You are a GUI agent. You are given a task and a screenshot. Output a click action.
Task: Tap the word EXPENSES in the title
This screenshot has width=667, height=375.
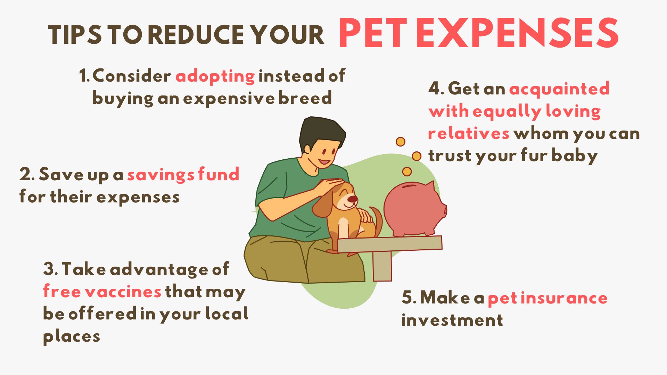click(x=517, y=33)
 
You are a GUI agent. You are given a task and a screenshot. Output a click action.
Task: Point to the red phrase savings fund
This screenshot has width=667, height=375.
click(x=183, y=174)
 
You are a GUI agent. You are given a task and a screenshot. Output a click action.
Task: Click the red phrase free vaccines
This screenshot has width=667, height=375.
click(x=102, y=291)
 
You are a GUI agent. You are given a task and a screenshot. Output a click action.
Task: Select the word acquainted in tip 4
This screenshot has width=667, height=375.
click(x=559, y=89)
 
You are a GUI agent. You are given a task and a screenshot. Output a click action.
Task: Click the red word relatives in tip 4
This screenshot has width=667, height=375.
click(x=469, y=133)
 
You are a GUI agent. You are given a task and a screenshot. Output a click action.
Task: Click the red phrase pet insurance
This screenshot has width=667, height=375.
click(x=547, y=298)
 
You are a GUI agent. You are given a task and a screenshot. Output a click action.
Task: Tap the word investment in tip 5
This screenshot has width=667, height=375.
click(x=452, y=320)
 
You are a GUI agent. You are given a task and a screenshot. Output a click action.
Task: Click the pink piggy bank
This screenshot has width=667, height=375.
click(x=415, y=209)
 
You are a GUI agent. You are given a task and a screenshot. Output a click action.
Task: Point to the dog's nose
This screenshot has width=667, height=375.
click(x=353, y=199)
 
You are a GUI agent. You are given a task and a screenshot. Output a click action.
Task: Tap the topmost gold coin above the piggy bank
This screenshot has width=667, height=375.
click(x=401, y=142)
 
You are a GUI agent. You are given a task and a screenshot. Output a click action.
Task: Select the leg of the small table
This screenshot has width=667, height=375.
click(x=382, y=266)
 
